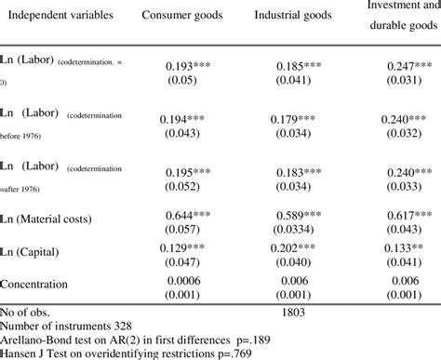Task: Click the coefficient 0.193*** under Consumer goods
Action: pos(188,67)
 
